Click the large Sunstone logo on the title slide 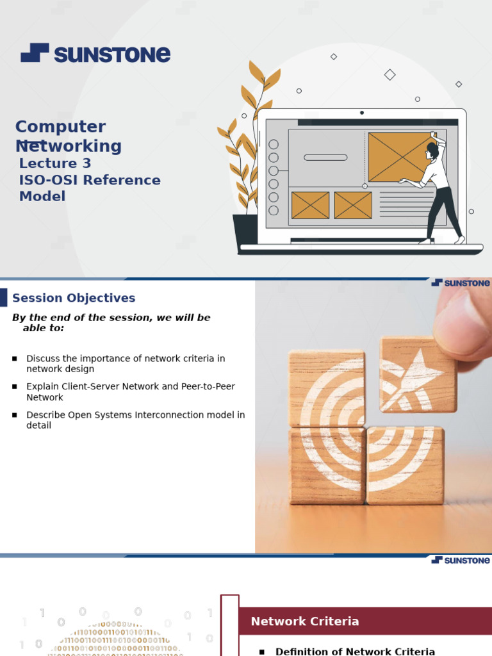coord(95,53)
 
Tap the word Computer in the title coord(60,127)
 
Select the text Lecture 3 coord(55,163)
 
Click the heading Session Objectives coord(74,298)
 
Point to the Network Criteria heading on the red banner coord(304,621)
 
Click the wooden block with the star coord(417,374)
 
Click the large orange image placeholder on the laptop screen coord(400,157)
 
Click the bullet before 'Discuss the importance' coord(15,359)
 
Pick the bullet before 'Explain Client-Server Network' coord(15,387)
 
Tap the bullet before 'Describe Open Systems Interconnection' coord(15,415)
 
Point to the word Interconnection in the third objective coord(171,415)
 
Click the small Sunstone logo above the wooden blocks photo coord(461,283)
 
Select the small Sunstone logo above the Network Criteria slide coord(461,560)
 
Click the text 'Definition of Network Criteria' coord(355,652)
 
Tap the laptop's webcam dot coord(362,113)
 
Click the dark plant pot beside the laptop coord(245,231)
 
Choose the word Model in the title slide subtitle coord(42,197)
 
